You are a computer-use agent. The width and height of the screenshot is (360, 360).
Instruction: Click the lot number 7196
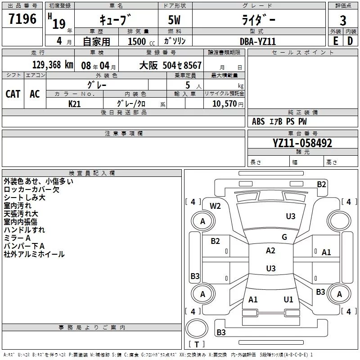point(22,19)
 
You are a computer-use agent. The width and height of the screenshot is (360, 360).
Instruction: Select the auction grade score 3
point(343,21)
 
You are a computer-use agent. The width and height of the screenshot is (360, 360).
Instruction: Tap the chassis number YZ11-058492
point(302,143)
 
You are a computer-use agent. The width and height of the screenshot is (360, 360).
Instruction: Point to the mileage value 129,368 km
point(53,65)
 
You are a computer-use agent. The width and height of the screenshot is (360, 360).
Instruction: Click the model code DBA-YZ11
point(257,41)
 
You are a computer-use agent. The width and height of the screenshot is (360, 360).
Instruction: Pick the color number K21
point(74,104)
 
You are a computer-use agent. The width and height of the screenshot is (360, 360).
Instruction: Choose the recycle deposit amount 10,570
point(224,104)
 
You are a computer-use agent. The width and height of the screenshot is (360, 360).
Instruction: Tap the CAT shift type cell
point(13,94)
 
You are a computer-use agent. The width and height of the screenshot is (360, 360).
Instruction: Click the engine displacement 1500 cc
point(141,42)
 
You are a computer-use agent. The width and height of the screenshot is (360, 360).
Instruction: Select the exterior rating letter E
point(336,41)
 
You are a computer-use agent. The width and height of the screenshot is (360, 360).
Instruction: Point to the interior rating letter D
point(350,41)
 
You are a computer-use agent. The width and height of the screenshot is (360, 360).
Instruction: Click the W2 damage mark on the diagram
point(215,206)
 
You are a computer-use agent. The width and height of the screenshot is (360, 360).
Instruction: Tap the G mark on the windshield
point(284,237)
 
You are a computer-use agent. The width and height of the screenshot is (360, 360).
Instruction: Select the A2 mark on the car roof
point(270,251)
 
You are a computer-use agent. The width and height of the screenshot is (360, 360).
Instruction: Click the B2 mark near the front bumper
point(321,184)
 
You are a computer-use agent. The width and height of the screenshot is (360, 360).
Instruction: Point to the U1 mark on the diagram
point(288,300)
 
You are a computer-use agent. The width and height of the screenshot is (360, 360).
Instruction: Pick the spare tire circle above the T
point(197,328)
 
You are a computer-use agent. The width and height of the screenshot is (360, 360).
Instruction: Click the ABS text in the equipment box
point(258,121)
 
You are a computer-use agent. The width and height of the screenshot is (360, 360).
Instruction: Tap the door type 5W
point(174,20)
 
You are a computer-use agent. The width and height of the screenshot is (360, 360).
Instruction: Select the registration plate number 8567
point(193,65)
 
